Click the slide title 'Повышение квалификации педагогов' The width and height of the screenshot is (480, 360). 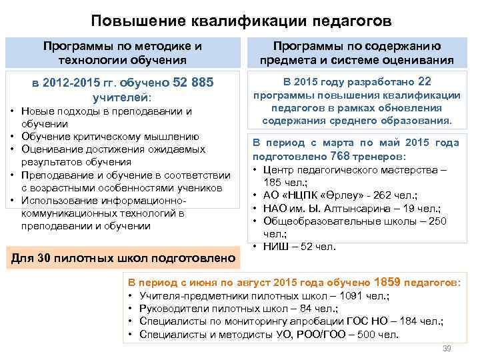tap(240, 21)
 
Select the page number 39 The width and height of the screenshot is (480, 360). tap(447, 349)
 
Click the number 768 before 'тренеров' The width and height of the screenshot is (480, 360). tap(341, 156)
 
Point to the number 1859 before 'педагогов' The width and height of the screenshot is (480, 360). tap(389, 282)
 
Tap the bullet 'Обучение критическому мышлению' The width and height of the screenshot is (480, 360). tap(109, 137)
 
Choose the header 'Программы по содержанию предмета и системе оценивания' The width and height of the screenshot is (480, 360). tap(357, 53)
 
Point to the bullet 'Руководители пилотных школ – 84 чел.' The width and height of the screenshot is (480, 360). tap(237, 309)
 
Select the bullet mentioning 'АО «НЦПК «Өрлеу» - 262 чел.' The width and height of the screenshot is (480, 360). tap(340, 195)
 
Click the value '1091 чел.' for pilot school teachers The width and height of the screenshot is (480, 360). tap(364, 296)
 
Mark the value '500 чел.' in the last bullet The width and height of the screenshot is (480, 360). tap(376, 334)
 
